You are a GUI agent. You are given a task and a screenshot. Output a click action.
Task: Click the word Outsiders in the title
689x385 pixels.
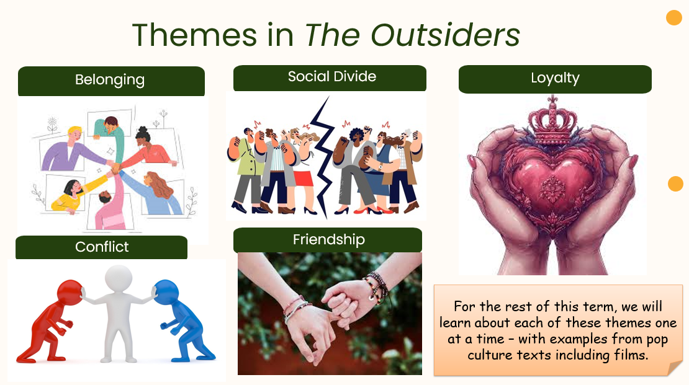point(446,35)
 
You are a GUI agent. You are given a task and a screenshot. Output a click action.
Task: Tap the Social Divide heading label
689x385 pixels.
point(330,78)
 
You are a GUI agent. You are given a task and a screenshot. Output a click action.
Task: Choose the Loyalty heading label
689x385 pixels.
point(555,79)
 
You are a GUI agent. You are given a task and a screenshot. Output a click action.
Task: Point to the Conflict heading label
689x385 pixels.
point(102,247)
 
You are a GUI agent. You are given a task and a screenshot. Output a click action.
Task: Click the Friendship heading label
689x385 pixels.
point(328,240)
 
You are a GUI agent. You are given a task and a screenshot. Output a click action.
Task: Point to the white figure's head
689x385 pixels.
point(118,278)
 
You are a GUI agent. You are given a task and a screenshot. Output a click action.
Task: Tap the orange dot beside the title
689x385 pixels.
point(673,17)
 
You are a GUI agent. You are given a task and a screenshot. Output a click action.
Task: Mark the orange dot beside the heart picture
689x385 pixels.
point(675,184)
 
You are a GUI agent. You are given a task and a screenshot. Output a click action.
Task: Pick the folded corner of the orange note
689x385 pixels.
point(675,368)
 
